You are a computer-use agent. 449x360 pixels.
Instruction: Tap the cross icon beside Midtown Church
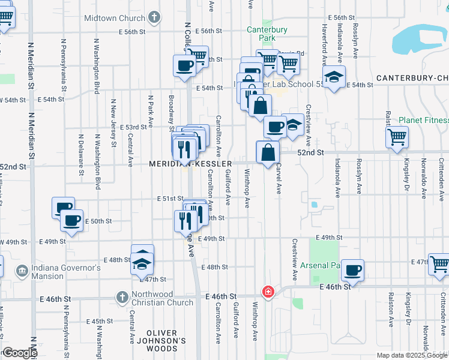tap(154, 17)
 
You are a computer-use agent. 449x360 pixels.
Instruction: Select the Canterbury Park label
tap(267, 34)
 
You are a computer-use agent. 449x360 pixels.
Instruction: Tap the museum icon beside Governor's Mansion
tap(22, 271)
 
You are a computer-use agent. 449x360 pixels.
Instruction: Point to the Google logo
tap(19, 353)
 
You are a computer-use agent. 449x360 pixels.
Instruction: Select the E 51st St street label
tap(170, 199)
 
